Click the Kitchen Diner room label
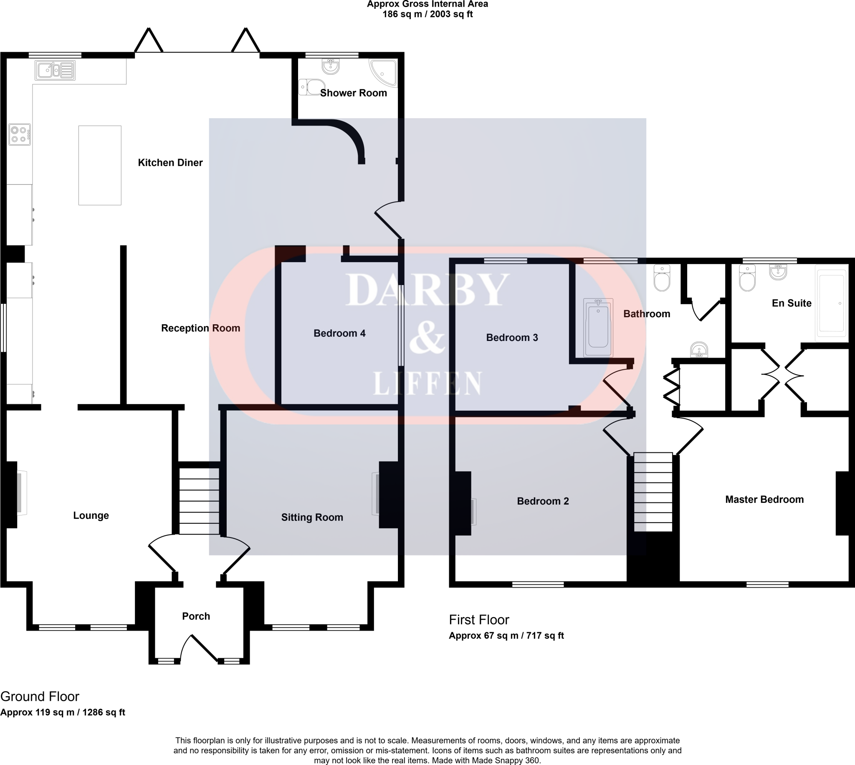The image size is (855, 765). pos(170,163)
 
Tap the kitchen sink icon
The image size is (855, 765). pos(56,70)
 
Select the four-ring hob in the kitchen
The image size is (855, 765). pos(20,134)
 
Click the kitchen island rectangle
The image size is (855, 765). pos(100,165)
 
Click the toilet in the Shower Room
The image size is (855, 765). pos(311,87)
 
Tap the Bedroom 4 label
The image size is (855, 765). pos(339,333)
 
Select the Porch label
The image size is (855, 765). pos(196,616)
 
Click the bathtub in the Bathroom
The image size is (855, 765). pos(598,327)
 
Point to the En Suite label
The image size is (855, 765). pos(792,303)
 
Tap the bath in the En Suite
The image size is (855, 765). pos(831,303)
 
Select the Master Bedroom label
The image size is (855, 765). pos(764,499)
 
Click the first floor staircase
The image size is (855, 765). pos(653,492)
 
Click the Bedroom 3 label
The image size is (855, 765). pos(511,338)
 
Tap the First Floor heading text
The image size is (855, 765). pos(479,620)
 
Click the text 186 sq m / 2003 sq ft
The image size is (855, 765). pos(427,14)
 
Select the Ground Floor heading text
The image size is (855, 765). pos(40,697)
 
